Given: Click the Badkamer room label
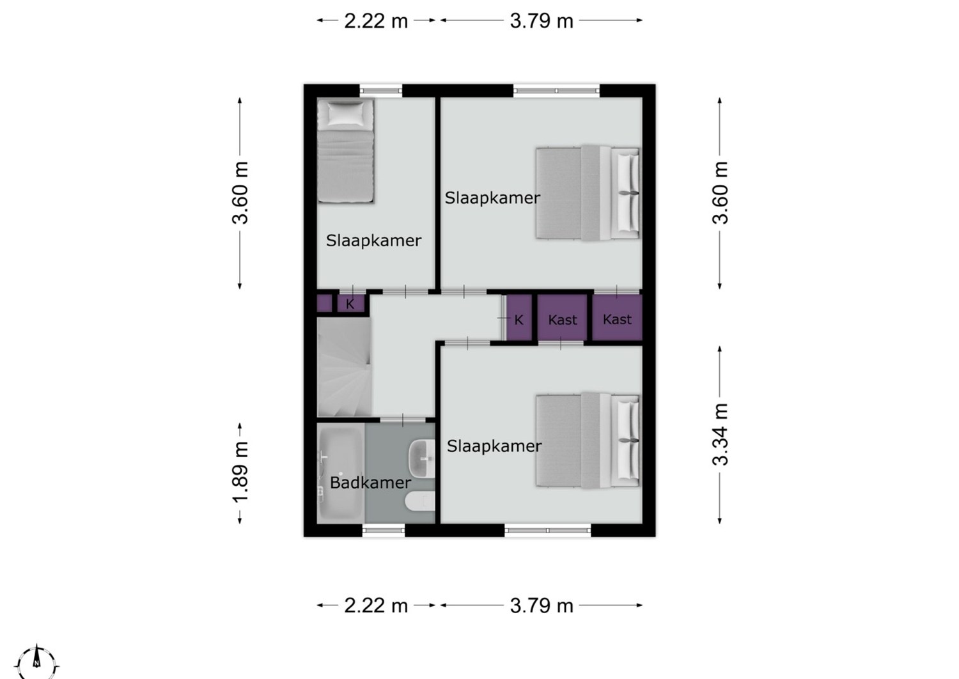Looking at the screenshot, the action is point(370,483).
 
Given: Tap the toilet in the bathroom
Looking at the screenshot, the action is point(420,501).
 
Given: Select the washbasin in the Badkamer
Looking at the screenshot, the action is point(422,458).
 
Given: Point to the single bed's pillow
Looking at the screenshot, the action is point(345,113).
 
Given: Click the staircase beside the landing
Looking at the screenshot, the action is point(344,367).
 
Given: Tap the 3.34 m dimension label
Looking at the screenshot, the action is point(720,435).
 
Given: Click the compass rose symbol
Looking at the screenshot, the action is point(36,663).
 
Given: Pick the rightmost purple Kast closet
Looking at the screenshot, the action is point(617,318).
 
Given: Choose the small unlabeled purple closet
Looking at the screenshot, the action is point(325,304).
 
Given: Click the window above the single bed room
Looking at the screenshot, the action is point(380,90).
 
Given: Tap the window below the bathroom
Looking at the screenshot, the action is point(384,531).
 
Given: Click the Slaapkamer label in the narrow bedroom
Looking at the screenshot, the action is point(373,240).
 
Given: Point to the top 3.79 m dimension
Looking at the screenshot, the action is point(541,20).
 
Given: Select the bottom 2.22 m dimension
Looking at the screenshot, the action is point(376,605).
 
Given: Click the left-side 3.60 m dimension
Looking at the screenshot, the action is point(240,193).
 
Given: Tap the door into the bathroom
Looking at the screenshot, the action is point(402,420).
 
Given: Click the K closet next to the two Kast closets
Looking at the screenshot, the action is point(519,319).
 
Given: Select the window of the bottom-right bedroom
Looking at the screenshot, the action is point(547,531).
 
